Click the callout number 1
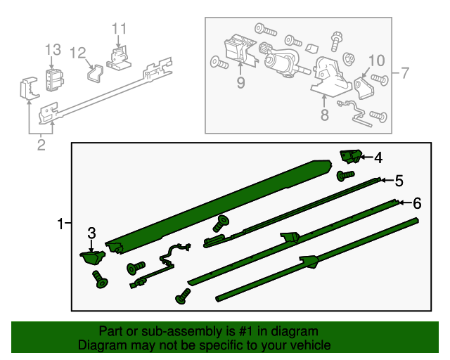click(61, 224)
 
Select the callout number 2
click(41, 146)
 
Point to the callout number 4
click(378, 157)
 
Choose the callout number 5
click(399, 181)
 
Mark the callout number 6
click(416, 203)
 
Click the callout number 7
click(404, 72)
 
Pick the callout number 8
click(324, 115)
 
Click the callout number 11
click(119, 29)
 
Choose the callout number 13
click(53, 49)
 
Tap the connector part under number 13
click(53, 79)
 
